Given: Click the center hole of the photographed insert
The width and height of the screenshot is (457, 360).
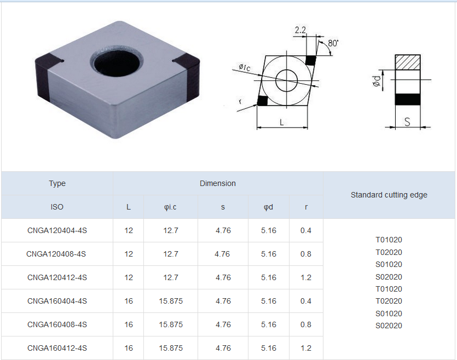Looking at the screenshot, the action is coord(118,63).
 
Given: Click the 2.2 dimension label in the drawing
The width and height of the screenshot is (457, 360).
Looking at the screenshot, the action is coord(300,30).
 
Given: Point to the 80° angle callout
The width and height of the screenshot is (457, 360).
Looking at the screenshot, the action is coord(333,43).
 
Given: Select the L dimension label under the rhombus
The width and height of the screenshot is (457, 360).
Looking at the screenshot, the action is coord(281,123).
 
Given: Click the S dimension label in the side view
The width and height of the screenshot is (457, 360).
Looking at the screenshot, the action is coord(407,122).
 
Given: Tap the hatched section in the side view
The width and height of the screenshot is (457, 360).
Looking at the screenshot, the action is coord(408,62).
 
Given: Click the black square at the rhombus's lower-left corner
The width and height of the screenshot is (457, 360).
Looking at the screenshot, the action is coord(262,101).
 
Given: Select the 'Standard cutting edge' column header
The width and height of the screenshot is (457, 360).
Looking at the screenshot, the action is coord(389,195).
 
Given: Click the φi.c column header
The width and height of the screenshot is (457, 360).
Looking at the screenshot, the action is coord(170,207).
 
